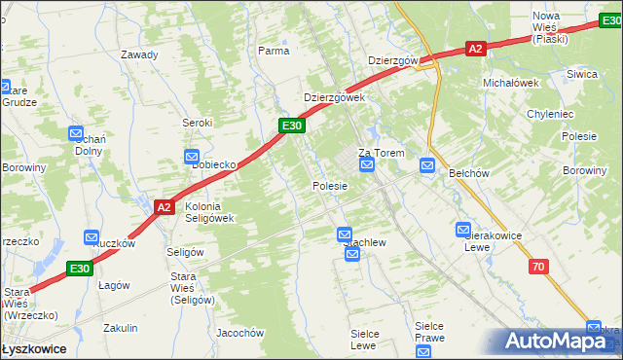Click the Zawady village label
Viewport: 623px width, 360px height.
click(x=139, y=54)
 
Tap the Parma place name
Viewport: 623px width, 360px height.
click(x=274, y=50)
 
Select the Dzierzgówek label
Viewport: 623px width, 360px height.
click(x=334, y=97)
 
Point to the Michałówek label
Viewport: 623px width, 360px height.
click(x=511, y=83)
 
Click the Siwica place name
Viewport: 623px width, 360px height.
click(x=582, y=74)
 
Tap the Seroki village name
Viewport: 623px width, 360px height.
click(x=198, y=123)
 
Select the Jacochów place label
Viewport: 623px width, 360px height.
click(x=240, y=333)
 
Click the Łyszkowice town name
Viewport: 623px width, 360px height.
click(x=34, y=348)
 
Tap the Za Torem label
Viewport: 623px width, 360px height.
click(x=381, y=153)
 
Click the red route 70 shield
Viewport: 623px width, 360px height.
click(x=538, y=266)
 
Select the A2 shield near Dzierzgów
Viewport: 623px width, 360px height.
click(x=475, y=48)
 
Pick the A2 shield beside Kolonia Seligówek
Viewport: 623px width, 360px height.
click(x=164, y=206)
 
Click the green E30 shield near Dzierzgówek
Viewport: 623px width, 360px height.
click(x=293, y=126)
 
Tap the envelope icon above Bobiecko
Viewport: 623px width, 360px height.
click(x=192, y=156)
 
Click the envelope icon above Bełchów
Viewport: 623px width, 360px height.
click(x=427, y=167)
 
